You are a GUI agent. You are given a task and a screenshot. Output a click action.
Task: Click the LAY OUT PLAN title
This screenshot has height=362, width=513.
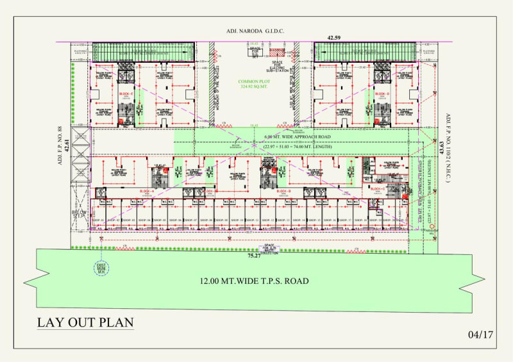coord(85,322)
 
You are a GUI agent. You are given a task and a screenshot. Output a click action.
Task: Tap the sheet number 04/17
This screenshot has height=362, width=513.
coord(480,334)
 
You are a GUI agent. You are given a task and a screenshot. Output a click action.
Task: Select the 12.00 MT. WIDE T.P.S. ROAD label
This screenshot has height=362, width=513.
coord(254,281)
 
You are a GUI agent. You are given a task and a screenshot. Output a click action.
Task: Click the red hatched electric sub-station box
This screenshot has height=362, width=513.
coord(276,52)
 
